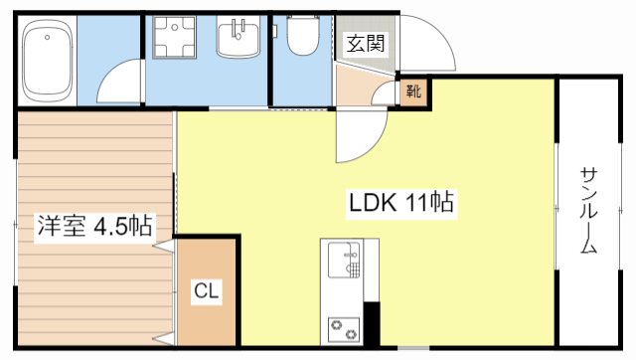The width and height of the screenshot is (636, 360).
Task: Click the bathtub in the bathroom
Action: click(x=48, y=60)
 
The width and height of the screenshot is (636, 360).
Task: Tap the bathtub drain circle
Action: click(x=47, y=38)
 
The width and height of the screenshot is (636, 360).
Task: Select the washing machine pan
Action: click(x=174, y=38)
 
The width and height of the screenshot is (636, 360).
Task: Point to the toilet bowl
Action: click(x=303, y=36)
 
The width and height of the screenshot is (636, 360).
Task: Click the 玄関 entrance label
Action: click(x=365, y=43)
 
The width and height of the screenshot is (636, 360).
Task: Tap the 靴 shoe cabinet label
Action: click(x=413, y=90)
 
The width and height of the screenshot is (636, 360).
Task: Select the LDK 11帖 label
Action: click(x=401, y=203)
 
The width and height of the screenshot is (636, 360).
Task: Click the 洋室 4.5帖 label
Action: click(x=94, y=226)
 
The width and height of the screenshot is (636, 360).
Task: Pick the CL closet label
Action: click(x=207, y=290)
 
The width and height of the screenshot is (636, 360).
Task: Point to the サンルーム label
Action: click(x=588, y=210)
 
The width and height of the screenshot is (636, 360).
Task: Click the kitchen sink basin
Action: click(x=344, y=261)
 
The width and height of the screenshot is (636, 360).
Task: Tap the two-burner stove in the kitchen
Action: click(x=344, y=329)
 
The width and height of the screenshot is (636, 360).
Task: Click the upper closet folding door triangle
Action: click(x=164, y=246)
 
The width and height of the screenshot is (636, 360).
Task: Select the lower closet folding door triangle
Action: click(x=164, y=339)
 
